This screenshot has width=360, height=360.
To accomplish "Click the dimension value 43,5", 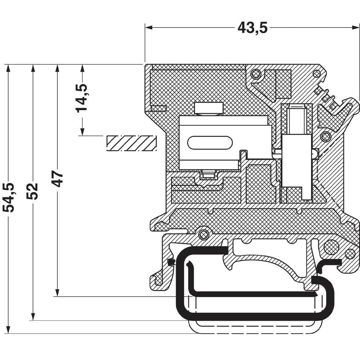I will point(252,28).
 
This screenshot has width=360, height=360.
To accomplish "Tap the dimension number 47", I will point(58,179).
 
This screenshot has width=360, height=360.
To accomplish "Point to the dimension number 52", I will point(32,191).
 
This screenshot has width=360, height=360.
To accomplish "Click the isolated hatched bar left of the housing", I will point(131,143).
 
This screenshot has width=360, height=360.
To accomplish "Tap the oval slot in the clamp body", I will point(210,142).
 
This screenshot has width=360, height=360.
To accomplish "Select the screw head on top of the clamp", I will point(208,108).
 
